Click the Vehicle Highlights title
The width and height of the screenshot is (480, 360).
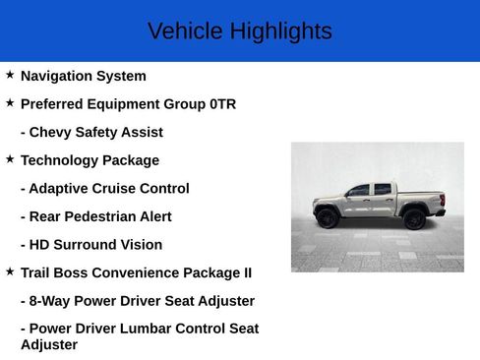tap(239, 31)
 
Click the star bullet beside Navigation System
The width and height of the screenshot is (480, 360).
tap(10, 75)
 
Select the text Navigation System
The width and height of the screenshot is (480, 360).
tap(83, 76)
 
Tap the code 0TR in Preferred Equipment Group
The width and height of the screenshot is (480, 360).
tap(222, 104)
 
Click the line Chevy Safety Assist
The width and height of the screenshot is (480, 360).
tap(91, 132)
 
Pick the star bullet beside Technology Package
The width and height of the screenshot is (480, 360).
tap(10, 159)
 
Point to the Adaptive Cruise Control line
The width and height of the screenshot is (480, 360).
tap(104, 188)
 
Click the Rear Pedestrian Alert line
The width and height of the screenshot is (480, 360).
tap(95, 216)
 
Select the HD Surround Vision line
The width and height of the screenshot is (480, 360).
tap(91, 245)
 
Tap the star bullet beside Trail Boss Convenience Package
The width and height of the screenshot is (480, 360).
tap(10, 271)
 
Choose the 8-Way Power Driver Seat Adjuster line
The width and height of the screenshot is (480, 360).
tap(137, 301)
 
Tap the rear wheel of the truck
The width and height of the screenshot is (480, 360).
tap(414, 218)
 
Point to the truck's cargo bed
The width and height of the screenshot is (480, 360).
tap(421, 196)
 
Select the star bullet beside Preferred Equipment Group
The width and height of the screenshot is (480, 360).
tap(10, 103)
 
